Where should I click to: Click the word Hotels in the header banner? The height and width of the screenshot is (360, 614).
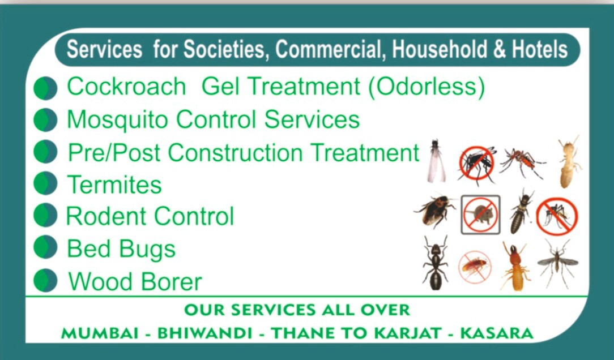coord(539,50)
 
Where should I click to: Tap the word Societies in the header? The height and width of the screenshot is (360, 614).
coord(224,50)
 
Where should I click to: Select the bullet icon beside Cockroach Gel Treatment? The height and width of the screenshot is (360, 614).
coord(45,88)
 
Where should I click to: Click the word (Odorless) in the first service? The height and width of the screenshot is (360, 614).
coord(430,87)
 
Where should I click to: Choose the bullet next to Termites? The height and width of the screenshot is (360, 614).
coord(45,184)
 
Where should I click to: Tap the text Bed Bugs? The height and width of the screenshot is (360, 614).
coord(121,249)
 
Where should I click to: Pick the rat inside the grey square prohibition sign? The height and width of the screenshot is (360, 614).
coord(480,215)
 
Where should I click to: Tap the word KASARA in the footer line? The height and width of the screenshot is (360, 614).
coord(497,333)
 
